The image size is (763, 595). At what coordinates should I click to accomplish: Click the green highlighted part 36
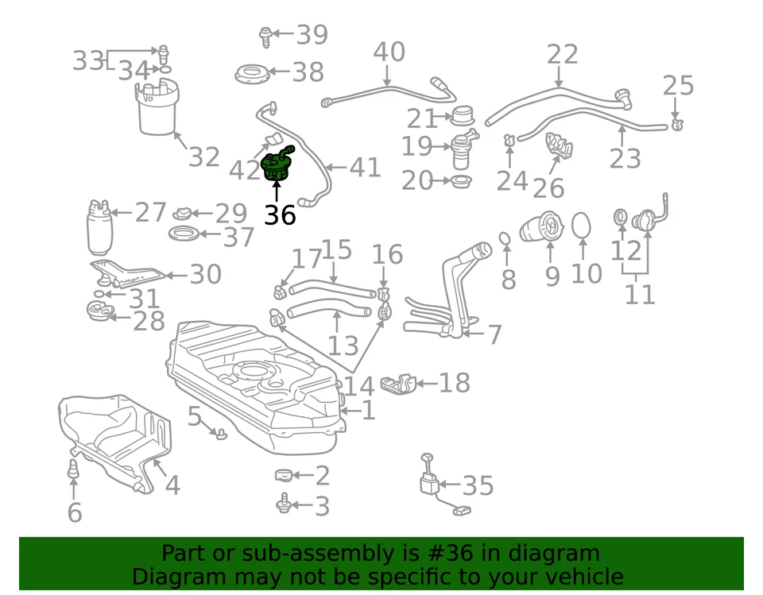pyautogui.click(x=277, y=164)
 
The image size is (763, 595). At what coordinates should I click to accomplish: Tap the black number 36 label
pyautogui.click(x=280, y=214)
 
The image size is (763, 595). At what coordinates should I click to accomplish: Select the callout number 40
pyautogui.click(x=389, y=52)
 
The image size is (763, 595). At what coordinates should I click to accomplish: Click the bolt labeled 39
pyautogui.click(x=265, y=34)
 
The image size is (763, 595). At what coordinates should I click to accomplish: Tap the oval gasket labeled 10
pyautogui.click(x=582, y=226)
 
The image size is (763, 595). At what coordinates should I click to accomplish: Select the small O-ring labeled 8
pyautogui.click(x=505, y=238)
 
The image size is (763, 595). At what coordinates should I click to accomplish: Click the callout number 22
pyautogui.click(x=562, y=54)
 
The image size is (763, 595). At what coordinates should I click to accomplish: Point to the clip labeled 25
pyautogui.click(x=676, y=123)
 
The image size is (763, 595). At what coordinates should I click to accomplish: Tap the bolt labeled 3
pyautogui.click(x=283, y=504)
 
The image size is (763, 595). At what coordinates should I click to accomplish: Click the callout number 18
pyautogui.click(x=454, y=383)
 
